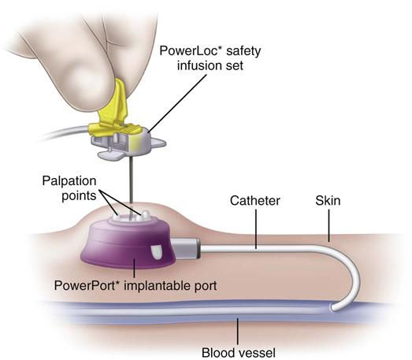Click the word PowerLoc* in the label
pos(188,51)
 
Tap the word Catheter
pos(255,201)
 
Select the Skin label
pos(328,201)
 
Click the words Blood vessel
pos(239,353)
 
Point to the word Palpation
pos(69,182)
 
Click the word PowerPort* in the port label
pos(85,285)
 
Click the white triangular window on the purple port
pos(156,252)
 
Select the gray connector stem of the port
pos(186,248)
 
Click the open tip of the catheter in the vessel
pos(333,307)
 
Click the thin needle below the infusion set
pos(130,181)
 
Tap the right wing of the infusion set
pos(158,143)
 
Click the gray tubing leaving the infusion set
pos(65,132)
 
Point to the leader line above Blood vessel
pos(238,332)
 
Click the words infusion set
pos(210,65)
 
